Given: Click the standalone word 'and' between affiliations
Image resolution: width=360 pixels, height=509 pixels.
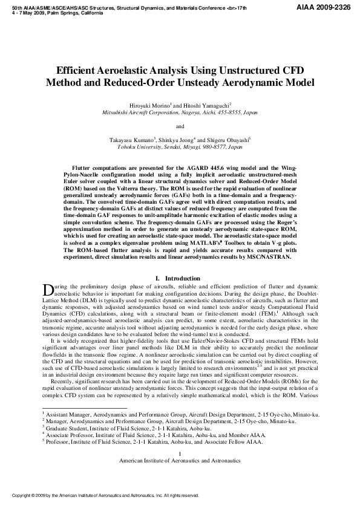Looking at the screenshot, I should (x=180, y=126).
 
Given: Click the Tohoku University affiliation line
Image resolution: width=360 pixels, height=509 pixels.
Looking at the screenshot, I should (x=180, y=146).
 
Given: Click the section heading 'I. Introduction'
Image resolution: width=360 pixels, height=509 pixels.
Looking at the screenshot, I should (x=180, y=278).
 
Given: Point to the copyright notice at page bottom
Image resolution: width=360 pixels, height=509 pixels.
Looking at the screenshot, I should (x=106, y=495).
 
